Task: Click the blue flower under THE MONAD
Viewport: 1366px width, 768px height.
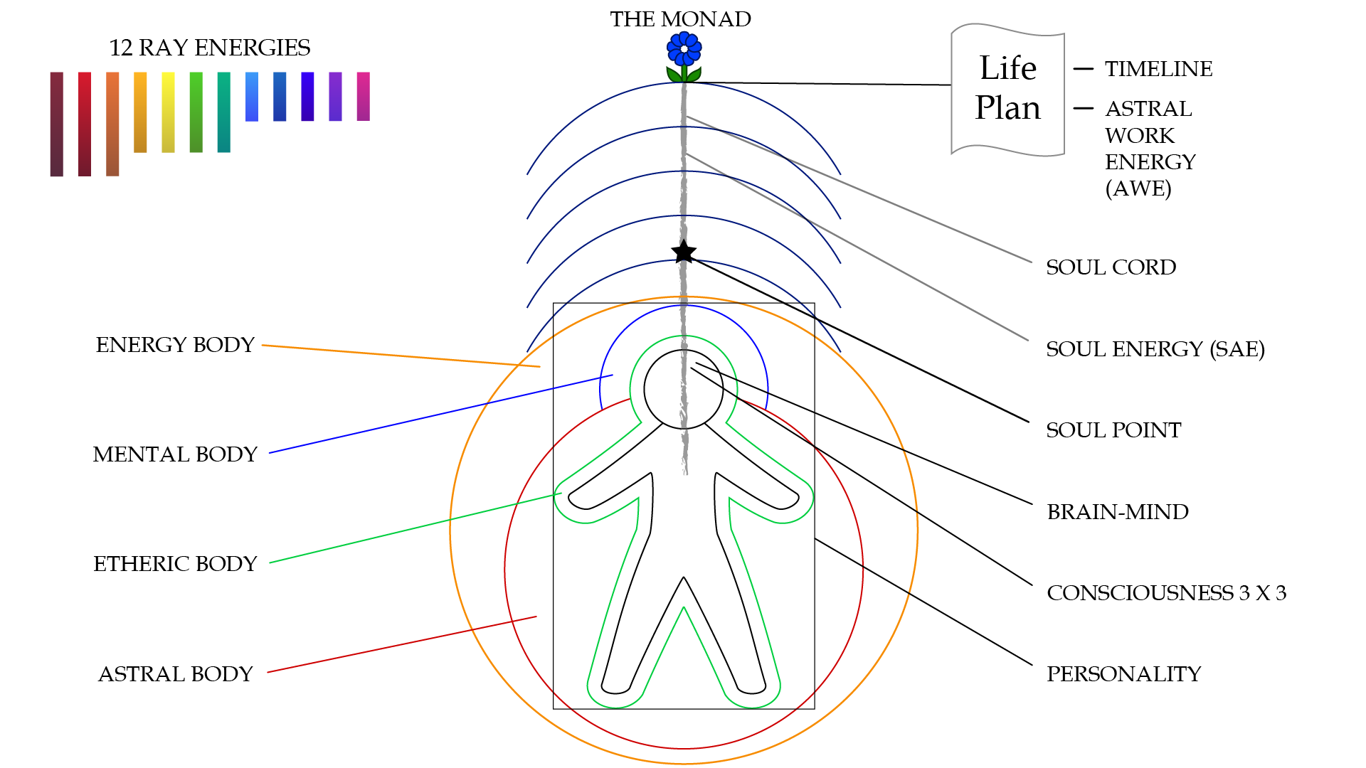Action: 684,56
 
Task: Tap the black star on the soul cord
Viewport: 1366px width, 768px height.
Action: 684,252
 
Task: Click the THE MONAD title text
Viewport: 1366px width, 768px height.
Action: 680,19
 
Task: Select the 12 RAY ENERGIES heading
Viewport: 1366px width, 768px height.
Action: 210,48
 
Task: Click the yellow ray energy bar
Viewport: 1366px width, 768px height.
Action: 168,112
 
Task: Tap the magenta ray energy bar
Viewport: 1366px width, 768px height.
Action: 363,96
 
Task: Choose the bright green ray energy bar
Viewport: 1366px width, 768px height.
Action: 196,112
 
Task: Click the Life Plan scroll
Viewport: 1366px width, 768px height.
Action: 1007,90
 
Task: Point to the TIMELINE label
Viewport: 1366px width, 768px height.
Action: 1158,69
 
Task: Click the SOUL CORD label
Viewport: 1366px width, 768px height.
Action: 1111,267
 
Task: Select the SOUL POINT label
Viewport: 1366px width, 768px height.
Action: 1113,430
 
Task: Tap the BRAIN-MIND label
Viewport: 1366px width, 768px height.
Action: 1118,512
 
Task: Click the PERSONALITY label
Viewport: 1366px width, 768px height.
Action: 1123,674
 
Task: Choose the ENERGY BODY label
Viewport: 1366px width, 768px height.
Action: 175,345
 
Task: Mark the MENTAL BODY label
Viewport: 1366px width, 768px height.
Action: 175,454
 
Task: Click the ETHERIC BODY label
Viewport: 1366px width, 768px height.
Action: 175,564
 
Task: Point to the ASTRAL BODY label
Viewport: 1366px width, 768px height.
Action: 175,674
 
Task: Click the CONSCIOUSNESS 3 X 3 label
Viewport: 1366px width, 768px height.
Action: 1166,593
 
